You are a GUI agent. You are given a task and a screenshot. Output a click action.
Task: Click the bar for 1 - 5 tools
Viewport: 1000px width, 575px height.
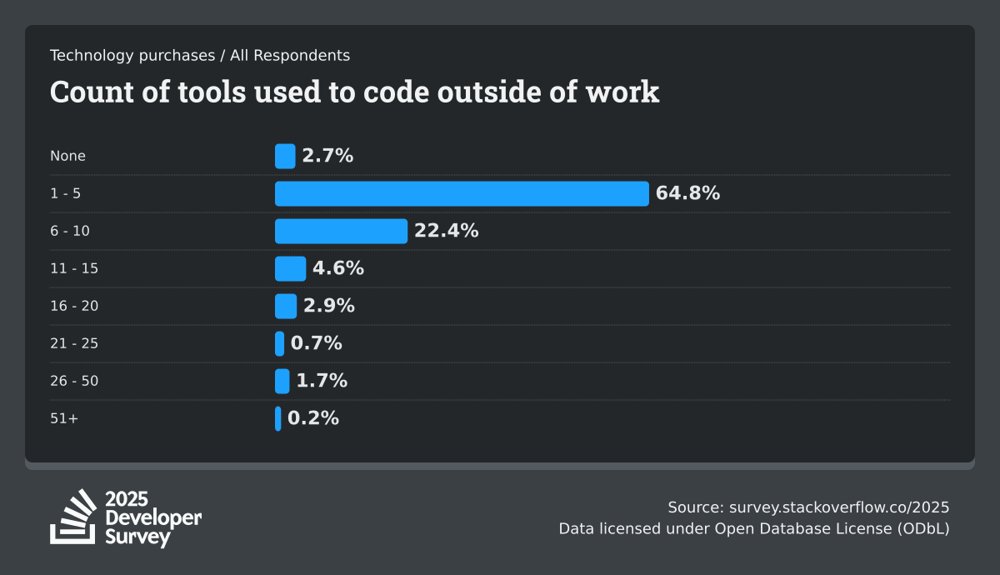coord(462,193)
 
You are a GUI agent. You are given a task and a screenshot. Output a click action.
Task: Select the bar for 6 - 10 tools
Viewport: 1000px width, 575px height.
coord(341,231)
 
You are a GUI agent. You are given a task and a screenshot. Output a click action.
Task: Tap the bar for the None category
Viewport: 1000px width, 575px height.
coord(285,156)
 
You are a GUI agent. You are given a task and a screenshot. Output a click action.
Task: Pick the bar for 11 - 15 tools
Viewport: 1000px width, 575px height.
coord(290,268)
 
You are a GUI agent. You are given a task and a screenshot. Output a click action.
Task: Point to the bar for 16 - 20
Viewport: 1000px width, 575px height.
coord(286,306)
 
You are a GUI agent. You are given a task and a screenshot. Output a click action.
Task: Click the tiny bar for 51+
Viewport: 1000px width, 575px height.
coord(278,418)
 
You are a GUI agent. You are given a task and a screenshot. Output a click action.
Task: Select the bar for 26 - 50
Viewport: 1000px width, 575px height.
coord(282,381)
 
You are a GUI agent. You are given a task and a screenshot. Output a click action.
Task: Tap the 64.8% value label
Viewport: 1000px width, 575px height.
coord(687,193)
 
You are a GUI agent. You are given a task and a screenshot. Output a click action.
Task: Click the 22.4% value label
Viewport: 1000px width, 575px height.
coord(447,231)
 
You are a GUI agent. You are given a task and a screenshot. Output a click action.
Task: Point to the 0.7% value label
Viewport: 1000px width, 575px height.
coord(317,343)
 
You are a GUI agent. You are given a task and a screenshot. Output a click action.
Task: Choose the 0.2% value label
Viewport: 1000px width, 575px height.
coord(313,418)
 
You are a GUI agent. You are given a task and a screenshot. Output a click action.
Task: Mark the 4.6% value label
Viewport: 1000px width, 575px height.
coord(338,268)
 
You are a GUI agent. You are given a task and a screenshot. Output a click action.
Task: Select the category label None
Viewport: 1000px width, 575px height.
coord(67,156)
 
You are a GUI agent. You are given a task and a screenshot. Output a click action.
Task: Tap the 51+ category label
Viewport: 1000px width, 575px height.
coord(64,418)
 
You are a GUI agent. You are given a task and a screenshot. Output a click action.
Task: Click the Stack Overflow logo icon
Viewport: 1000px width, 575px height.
coord(73,517)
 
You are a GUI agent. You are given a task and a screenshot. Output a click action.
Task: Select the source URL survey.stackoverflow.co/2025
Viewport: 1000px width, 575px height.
coord(839,507)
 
